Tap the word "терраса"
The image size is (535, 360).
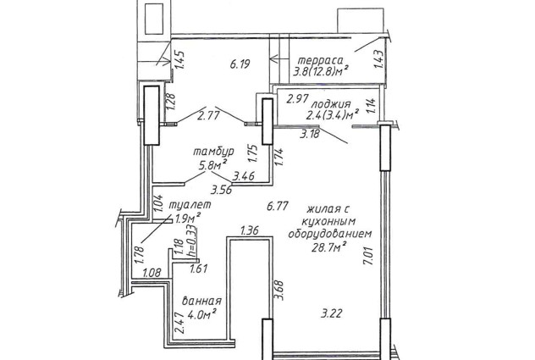click(321, 60)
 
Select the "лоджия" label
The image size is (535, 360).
click(331, 104)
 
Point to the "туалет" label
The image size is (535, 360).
click(190, 205)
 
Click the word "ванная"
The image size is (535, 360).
click(201, 301)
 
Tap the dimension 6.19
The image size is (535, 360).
click(240, 64)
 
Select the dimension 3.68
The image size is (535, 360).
click(279, 290)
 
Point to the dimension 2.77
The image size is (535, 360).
click(208, 115)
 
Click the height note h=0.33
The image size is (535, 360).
click(192, 240)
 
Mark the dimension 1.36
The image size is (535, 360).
click(250, 230)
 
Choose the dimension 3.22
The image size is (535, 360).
click(331, 313)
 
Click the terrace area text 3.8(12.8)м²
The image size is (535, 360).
click(321, 72)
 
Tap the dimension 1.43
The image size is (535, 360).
click(379, 59)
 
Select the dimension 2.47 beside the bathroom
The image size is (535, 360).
click(179, 324)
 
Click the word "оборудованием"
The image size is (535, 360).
click(330, 234)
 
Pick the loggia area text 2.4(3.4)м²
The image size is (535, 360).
click(333, 114)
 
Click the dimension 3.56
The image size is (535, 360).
click(221, 190)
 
